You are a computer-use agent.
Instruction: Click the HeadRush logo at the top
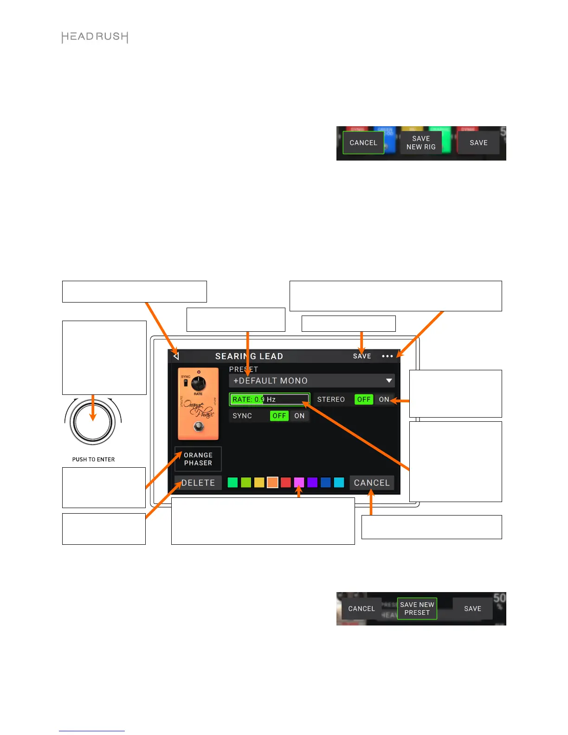point(95,37)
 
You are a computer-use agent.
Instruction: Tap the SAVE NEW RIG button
point(421,143)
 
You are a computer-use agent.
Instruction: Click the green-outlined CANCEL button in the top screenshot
point(363,143)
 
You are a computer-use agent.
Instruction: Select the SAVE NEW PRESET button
point(417,609)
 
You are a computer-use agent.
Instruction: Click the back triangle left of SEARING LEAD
point(176,356)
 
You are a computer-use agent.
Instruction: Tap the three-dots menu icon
point(387,356)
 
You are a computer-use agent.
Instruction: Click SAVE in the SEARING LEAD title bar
point(362,356)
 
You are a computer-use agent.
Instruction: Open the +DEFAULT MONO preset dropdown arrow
point(389,381)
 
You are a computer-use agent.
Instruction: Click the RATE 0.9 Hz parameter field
point(269,400)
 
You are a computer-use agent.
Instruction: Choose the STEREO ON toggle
point(384,400)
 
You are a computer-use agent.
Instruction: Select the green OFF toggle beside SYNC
point(279,416)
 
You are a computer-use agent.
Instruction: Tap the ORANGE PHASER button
point(198,459)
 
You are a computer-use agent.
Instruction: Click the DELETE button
point(198,483)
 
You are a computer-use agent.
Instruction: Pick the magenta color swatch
point(299,483)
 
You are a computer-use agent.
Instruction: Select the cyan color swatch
point(339,483)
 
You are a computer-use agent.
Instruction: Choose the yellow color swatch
point(259,483)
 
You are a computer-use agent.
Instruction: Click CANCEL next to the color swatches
point(372,483)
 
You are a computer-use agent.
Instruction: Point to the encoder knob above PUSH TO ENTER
point(93,423)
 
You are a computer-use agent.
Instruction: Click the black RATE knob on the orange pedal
point(199,383)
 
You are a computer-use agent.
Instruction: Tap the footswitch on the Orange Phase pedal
point(199,426)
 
